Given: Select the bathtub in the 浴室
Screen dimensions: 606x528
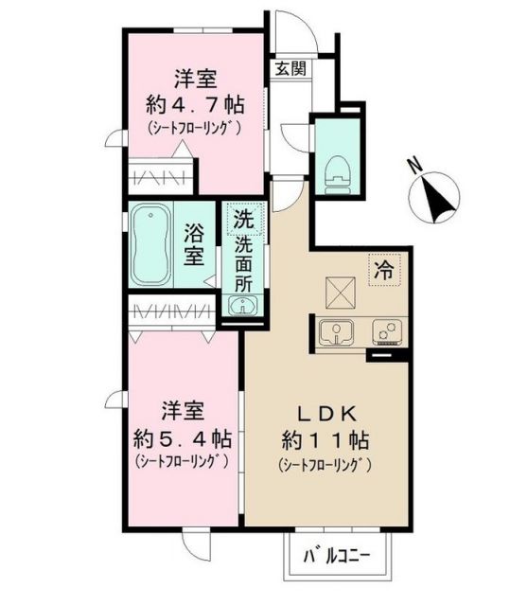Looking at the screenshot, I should [150, 244].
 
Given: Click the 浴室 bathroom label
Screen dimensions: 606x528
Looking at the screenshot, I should [195, 244].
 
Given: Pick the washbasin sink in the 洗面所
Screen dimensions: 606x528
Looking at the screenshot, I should [243, 305].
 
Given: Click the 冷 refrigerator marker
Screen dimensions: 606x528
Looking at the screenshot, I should [385, 267].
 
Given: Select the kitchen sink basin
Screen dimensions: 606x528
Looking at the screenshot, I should [336, 332].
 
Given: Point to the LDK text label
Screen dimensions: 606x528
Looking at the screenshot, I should [328, 414].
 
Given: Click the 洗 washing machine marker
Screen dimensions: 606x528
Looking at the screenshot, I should [243, 219].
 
